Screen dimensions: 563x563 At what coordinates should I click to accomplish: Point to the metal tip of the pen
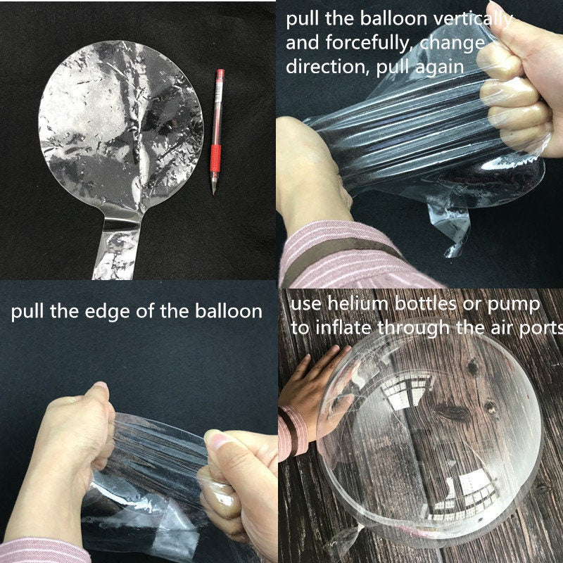214,189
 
